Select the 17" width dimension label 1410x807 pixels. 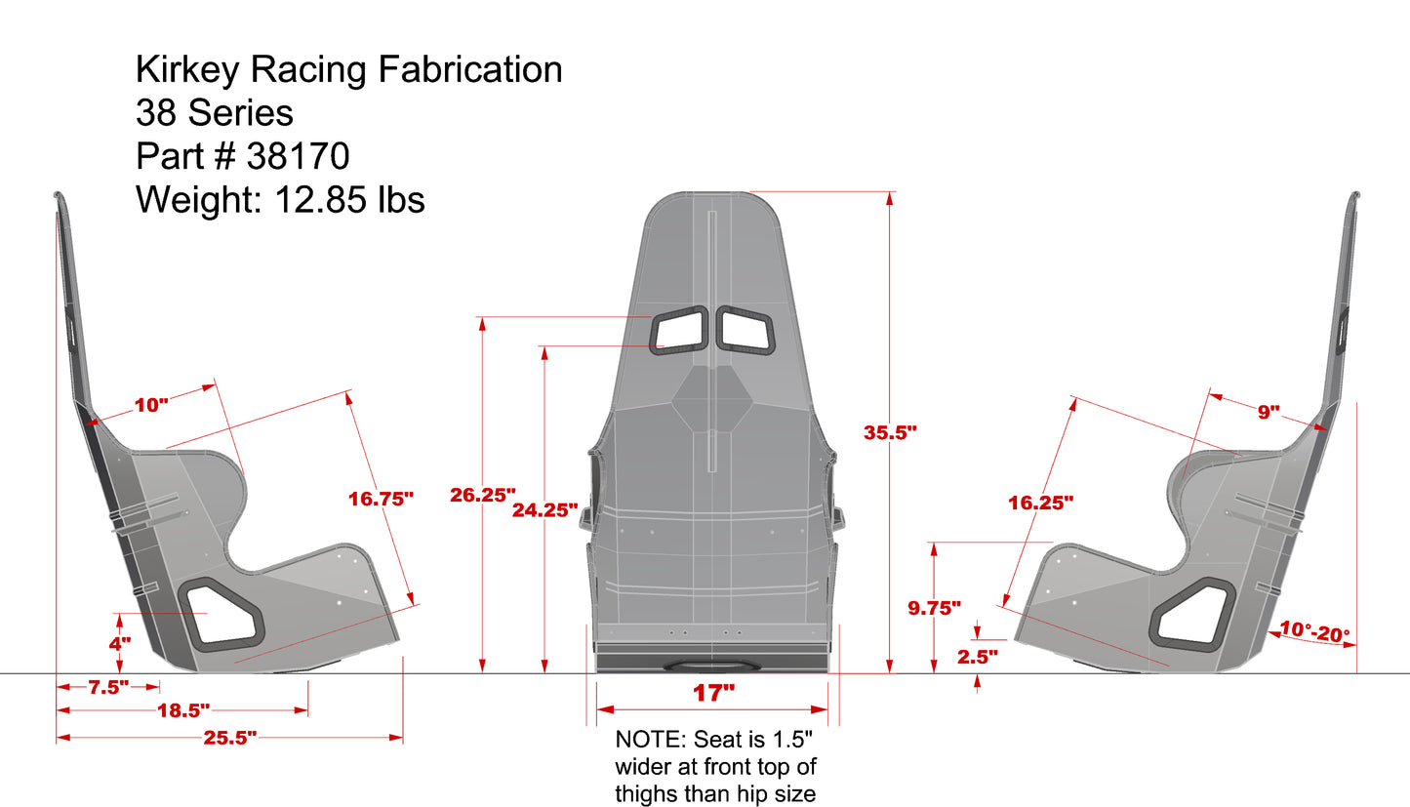(x=713, y=693)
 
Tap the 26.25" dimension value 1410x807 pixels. (x=482, y=495)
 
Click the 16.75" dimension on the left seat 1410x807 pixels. (x=381, y=499)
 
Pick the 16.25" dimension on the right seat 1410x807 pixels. (x=1041, y=503)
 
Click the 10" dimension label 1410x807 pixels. (x=151, y=404)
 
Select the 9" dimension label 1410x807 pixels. (x=1268, y=412)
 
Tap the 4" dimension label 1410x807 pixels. (x=120, y=643)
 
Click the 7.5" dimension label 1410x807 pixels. (x=108, y=687)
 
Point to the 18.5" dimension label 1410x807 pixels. (x=183, y=711)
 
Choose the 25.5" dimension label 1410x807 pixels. (x=230, y=738)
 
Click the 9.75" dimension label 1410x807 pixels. (x=934, y=608)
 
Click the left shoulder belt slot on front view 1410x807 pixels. (x=680, y=329)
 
